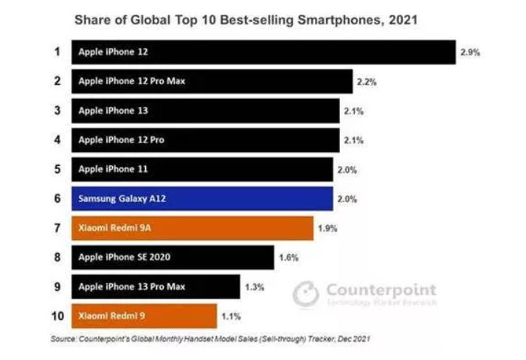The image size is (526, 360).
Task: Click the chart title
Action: [246, 20]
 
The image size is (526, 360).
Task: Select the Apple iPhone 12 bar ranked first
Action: [263, 52]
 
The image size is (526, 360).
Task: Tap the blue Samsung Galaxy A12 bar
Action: [201, 198]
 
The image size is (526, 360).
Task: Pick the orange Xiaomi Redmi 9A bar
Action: [192, 228]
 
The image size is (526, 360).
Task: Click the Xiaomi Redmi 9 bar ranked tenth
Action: [144, 316]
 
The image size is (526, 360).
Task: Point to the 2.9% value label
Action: [471, 52]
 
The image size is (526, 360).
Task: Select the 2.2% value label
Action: [366, 82]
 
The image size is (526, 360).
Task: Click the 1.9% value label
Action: [327, 228]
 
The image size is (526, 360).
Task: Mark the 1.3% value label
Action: [255, 286]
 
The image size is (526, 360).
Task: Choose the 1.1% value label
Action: [230, 316]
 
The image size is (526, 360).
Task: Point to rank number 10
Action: [55, 316]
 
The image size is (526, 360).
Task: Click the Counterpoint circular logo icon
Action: [305, 294]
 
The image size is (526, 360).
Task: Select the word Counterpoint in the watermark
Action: [381, 290]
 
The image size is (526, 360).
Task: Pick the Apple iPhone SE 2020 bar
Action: [173, 257]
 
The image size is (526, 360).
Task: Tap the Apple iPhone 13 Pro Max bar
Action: [156, 286]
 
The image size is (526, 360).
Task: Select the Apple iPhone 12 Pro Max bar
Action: [211, 82]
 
